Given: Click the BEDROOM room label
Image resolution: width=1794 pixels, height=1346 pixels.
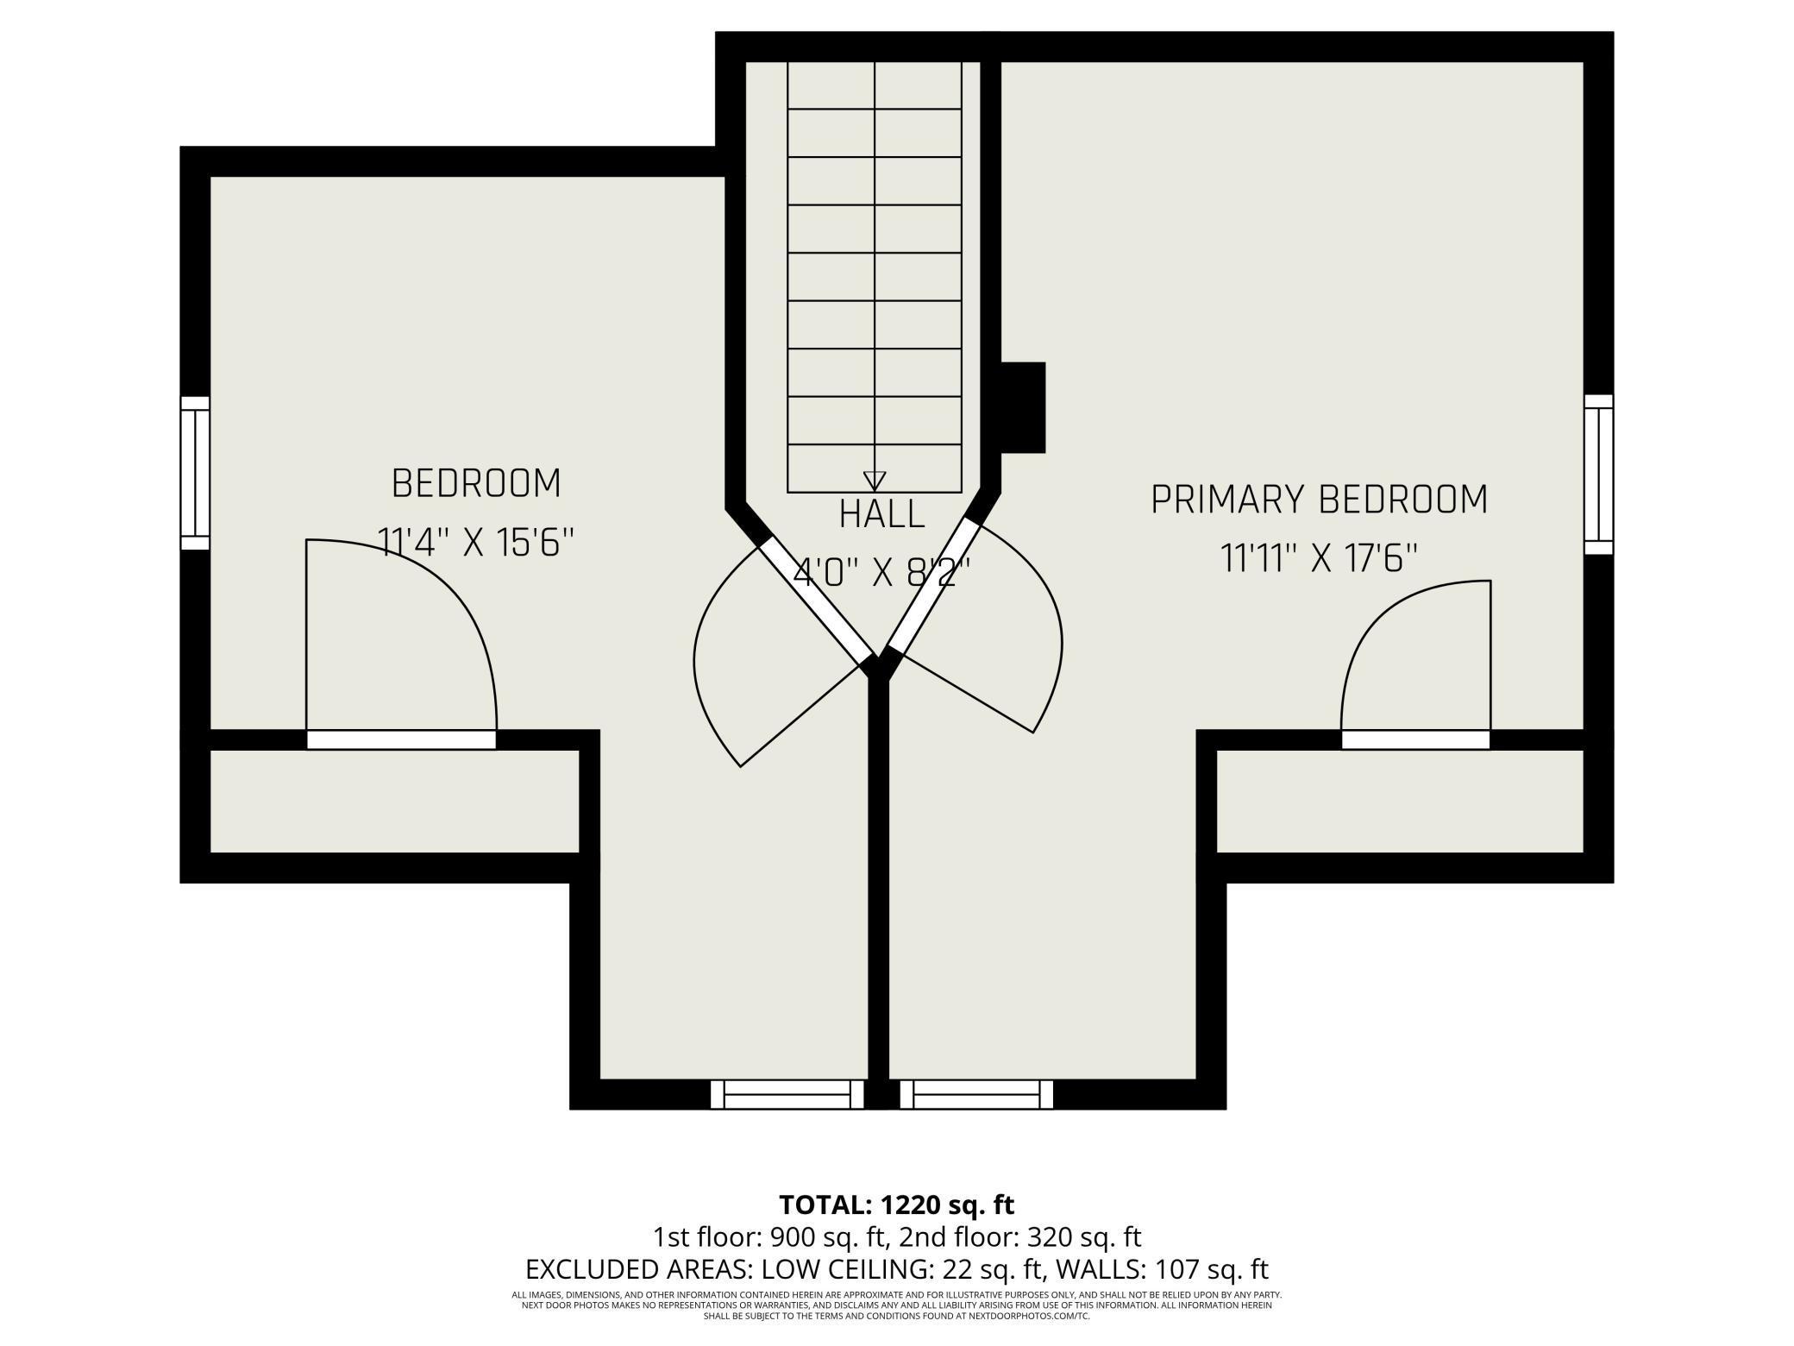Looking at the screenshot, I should coord(476,483).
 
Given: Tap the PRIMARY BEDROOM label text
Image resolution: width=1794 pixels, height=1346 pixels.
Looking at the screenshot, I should coord(1319,500).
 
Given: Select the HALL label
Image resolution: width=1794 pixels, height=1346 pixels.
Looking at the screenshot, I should coord(881,514).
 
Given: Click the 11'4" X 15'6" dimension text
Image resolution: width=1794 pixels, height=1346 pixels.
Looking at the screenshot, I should coord(476,544).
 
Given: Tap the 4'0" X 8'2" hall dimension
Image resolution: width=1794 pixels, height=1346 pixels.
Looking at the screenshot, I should coord(881,572).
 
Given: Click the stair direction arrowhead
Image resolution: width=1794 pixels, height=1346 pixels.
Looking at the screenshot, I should coord(875,481).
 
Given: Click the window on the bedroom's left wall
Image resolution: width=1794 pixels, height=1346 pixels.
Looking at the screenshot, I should coord(195,473).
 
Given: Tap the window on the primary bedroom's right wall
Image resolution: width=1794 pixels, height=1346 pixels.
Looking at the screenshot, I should coord(1598,474).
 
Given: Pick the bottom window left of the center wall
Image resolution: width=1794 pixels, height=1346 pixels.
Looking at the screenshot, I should coord(787,1094).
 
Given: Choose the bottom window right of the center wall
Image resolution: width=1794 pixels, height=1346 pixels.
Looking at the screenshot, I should coord(976,1094).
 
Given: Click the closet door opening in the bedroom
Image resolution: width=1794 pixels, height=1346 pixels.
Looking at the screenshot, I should coord(401,739).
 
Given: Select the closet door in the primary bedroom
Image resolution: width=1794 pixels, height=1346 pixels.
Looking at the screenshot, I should coord(1415,739).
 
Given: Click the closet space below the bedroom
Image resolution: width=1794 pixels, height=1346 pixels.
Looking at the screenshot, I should coord(394,801).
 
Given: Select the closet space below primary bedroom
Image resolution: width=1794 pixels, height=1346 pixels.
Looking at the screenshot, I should coord(1400,801).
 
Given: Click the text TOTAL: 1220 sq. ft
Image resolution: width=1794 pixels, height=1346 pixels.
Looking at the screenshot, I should coord(896,1204).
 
